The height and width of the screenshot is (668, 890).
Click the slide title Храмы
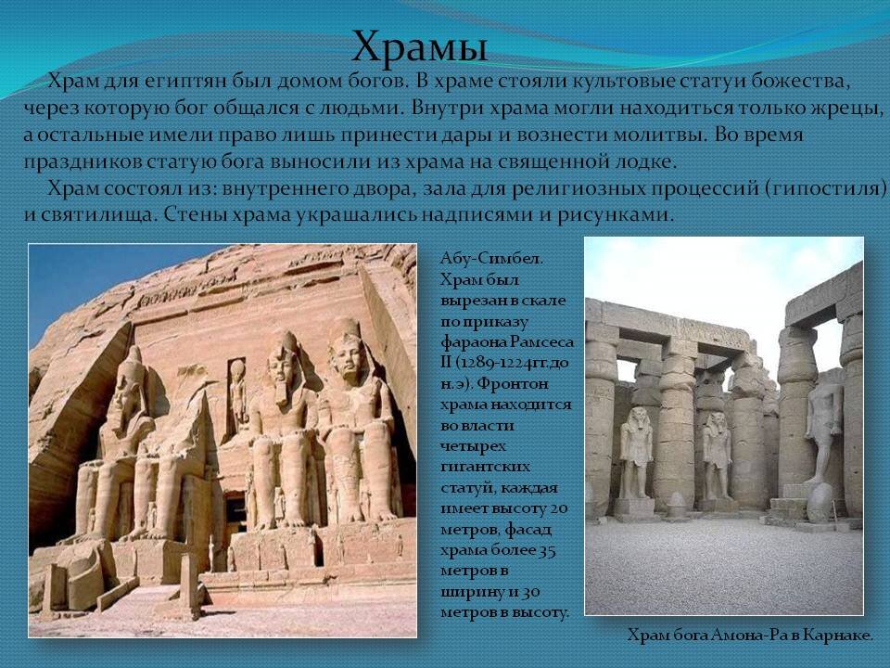coord(419,46)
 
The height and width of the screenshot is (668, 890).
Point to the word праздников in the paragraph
coord(83,161)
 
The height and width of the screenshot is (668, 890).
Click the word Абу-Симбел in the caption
coord(491,259)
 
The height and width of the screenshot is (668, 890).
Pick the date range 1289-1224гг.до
coord(511,363)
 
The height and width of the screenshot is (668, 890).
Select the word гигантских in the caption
coord(485,467)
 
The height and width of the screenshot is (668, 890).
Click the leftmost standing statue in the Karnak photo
coord(636,453)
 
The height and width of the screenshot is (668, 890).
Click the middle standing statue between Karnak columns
coord(718,456)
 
